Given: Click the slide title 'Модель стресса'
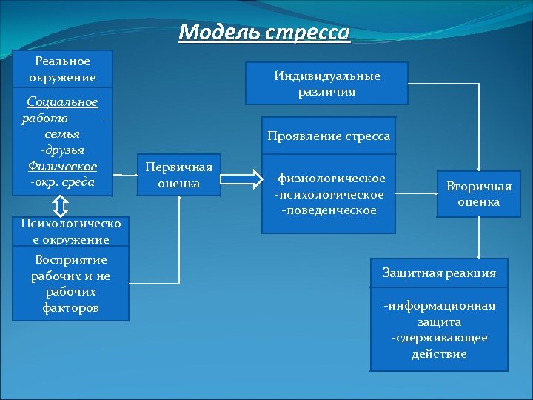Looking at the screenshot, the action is coord(264,33).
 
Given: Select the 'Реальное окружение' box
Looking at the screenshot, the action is coord(63,69).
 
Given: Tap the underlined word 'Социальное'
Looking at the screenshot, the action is coord(63,101).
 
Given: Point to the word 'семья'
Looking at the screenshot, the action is coord(63,134).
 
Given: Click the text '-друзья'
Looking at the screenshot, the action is coord(63,150).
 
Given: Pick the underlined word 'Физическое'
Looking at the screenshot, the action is coord(63,165).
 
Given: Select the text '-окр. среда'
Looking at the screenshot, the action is coord(63,181).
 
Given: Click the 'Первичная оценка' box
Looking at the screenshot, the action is coord(179,175).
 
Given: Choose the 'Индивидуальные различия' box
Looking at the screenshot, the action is coord(326,84).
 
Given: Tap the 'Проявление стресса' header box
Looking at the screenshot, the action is coord(329,136).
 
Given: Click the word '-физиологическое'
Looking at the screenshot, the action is coord(329,179).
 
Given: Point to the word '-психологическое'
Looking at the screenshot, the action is coord(329,194).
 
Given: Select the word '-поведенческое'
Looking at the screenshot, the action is coord(329,210).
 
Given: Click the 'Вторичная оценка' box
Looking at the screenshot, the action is coord(478,194).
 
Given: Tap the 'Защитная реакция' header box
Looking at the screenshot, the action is coord(439,273).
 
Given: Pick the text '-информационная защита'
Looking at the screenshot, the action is coord(439,314).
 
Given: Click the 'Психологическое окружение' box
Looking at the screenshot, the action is coord(65,231).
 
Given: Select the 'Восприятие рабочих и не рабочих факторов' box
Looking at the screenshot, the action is coord(70,284).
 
